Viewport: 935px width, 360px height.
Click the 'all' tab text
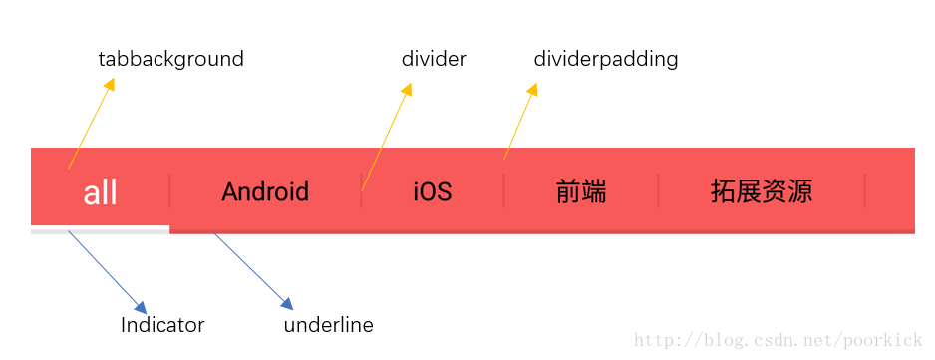[101, 192]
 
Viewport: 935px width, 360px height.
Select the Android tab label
[265, 191]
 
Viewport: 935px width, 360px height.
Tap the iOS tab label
[433, 191]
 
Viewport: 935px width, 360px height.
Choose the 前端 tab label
[581, 191]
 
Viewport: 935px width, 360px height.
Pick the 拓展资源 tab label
[762, 191]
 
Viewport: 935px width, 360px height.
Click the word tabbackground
[171, 59]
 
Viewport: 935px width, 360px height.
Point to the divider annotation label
[434, 59]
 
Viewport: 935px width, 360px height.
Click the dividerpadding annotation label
[606, 59]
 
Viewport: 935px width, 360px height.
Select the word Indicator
[162, 325]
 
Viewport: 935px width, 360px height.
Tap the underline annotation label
[329, 325]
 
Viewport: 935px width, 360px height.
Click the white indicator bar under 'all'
[101, 230]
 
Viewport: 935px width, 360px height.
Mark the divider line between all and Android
[170, 190]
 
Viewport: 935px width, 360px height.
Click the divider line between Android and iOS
[361, 190]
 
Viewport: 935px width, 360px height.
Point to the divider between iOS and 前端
[504, 190]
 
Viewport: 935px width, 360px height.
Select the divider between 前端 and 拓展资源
[659, 190]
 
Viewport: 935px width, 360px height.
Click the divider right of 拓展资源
[865, 190]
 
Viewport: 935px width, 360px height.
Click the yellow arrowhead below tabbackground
[109, 86]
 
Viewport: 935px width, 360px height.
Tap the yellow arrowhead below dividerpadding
[532, 91]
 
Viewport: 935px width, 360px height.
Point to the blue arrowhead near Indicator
[140, 306]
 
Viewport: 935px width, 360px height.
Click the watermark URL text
[780, 342]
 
